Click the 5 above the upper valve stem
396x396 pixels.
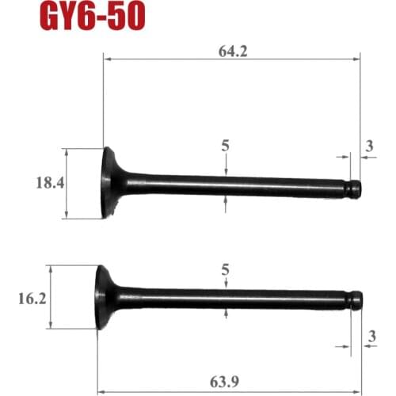227,146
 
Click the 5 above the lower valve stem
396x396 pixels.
227,270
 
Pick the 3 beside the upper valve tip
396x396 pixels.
370,146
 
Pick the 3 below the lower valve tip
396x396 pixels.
370,336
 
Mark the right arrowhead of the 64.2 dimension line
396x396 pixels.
357,57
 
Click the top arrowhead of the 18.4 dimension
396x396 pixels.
67,151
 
